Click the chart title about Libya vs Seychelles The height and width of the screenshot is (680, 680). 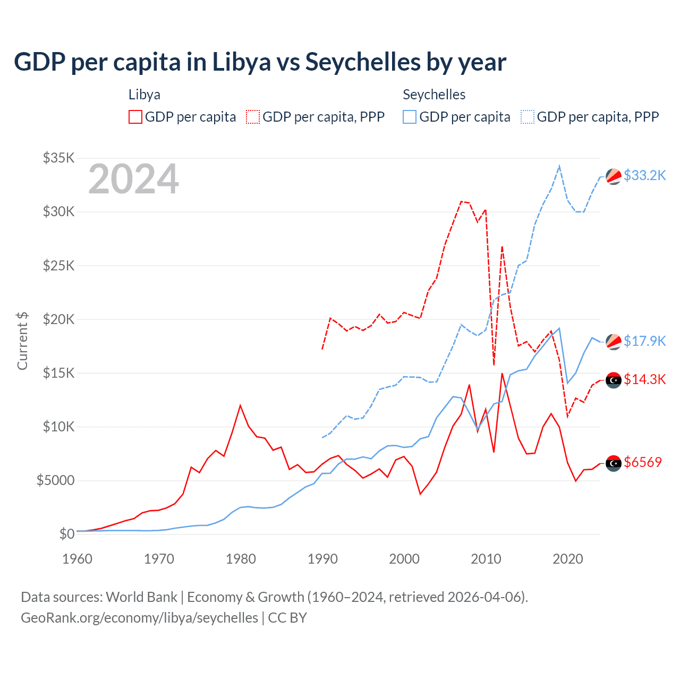[260, 62]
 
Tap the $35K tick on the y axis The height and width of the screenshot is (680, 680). [58, 158]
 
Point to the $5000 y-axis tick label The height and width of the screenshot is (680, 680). [55, 480]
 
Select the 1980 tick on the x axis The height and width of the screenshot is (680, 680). [241, 559]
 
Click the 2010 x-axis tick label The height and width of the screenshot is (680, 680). [486, 559]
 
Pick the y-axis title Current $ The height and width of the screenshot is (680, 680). [22, 341]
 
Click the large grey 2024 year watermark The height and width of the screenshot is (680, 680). [133, 180]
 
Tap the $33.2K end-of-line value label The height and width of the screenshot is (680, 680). [644, 175]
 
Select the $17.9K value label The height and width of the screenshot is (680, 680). [644, 341]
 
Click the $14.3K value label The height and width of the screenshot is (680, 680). [644, 379]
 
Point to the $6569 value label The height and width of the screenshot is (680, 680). [643, 462]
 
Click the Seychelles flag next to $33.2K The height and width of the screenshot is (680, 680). [614, 176]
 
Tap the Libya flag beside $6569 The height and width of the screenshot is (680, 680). [614, 463]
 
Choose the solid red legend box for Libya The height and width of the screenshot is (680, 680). [135, 117]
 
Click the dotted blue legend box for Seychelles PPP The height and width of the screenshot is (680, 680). [528, 117]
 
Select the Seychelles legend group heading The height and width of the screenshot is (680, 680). [434, 95]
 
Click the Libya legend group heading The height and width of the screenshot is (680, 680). [144, 95]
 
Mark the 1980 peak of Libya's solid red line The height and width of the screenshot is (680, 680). [240, 405]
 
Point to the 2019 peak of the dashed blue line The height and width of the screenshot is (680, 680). [559, 166]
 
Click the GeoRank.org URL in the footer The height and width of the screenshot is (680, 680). [139, 618]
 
